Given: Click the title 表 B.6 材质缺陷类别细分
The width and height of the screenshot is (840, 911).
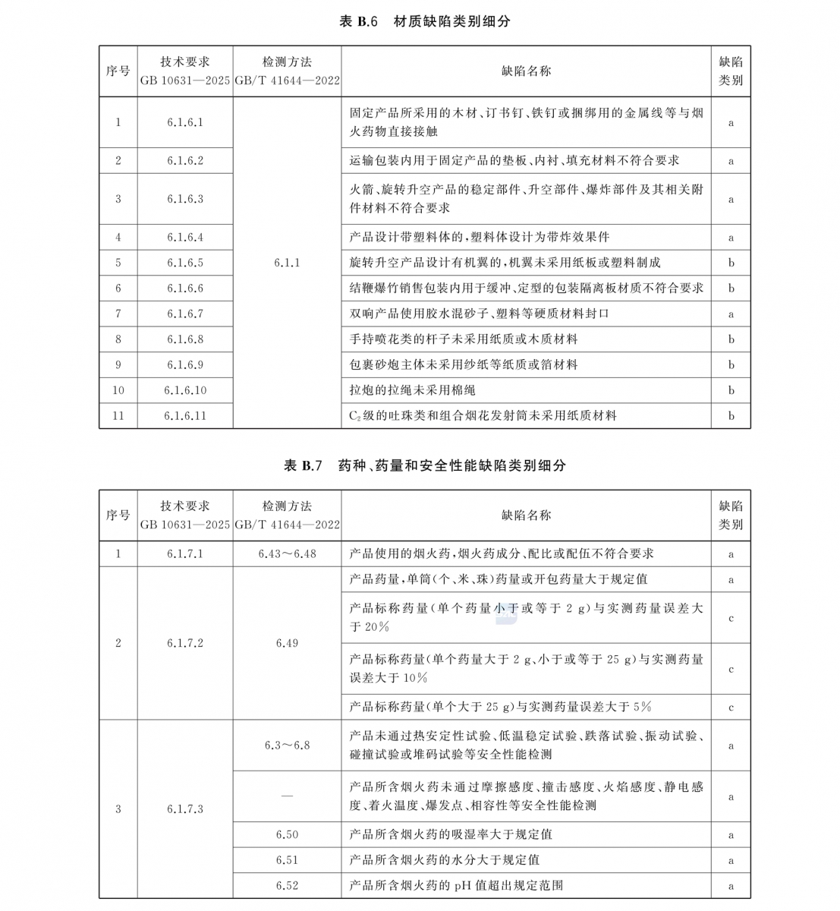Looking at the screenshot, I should [424, 21].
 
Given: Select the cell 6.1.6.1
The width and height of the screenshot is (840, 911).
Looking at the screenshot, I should [185, 122].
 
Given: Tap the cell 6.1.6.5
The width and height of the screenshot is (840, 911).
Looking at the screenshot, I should [185, 263].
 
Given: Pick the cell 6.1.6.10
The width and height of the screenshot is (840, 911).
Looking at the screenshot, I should [185, 390].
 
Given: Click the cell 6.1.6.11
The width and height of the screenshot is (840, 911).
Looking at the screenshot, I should [185, 416].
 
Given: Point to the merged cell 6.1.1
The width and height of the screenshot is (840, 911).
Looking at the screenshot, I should [287, 263].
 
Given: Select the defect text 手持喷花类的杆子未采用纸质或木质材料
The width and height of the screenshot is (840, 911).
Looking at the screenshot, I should [464, 339].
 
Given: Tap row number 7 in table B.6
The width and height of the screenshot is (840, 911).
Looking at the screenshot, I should [118, 314].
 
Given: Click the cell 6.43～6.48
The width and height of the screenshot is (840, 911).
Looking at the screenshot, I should [287, 553].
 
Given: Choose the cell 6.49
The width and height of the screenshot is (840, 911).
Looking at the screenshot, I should [287, 643].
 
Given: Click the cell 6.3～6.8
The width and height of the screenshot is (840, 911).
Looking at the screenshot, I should [287, 746].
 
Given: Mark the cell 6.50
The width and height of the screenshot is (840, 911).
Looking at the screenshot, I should [287, 834].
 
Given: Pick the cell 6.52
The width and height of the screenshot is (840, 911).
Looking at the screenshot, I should [287, 885].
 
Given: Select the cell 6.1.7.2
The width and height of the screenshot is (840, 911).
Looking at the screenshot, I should [185, 643].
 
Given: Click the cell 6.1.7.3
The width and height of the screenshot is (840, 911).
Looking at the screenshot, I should [185, 809].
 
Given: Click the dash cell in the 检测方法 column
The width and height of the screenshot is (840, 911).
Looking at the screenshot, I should [287, 796].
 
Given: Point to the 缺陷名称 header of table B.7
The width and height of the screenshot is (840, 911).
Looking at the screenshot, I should [526, 515].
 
